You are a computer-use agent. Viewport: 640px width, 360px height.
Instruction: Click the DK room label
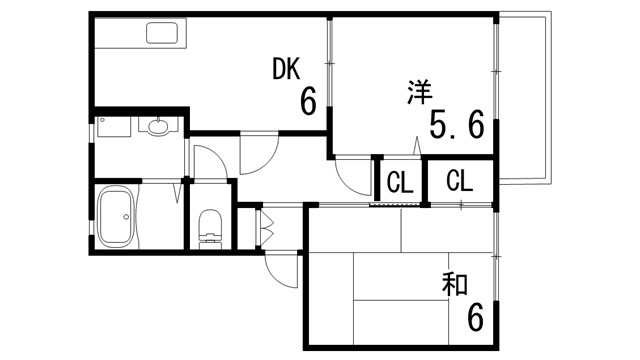pos(287,70)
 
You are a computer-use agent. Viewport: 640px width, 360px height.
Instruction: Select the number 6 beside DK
pos(308,101)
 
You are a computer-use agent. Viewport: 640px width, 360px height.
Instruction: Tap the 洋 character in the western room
pos(419,94)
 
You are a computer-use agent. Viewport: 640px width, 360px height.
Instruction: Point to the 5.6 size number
pos(457,125)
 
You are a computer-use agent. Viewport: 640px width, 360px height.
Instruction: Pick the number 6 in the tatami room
pos(475,318)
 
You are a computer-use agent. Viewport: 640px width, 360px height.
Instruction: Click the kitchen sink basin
pos(162,34)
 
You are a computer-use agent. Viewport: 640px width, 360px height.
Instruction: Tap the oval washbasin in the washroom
pos(158,127)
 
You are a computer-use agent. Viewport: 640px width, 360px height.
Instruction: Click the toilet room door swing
pos(210,162)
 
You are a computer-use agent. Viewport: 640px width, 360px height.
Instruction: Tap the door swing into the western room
pos(352,178)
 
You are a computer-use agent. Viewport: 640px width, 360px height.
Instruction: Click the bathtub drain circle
pos(123,215)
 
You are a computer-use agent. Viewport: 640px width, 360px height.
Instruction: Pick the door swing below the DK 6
pos(255,155)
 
